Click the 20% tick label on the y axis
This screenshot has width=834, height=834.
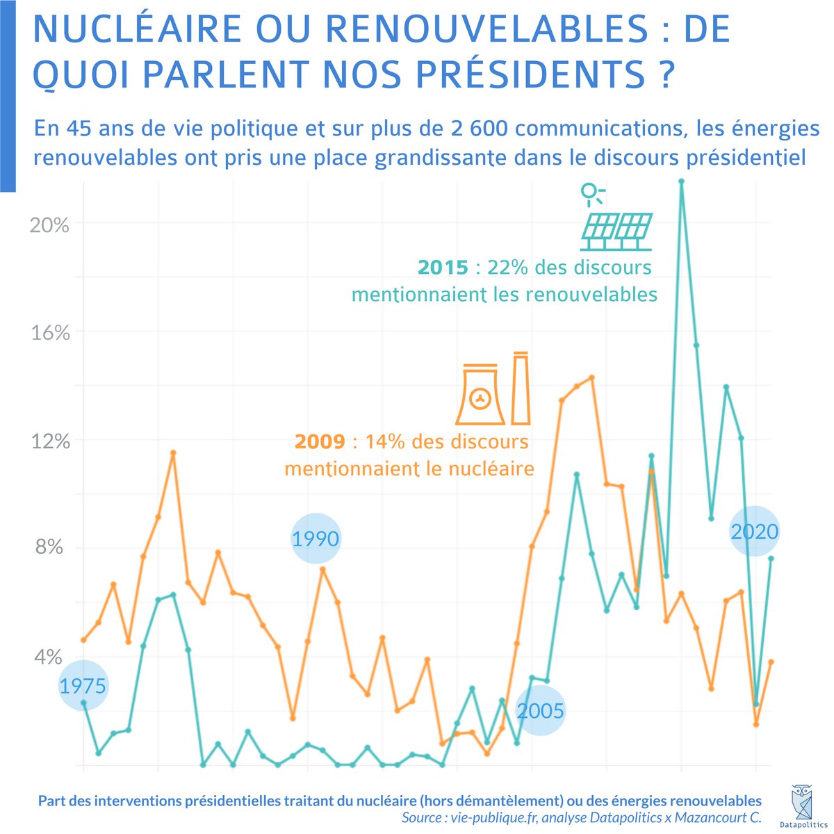(48, 225)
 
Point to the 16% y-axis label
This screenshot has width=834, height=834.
(48, 333)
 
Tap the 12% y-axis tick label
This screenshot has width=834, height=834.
(48, 441)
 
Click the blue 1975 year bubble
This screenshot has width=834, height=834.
(83, 686)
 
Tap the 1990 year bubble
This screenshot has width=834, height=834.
(316, 539)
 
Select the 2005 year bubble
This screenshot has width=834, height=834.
(541, 711)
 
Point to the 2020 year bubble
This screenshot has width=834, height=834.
(755, 532)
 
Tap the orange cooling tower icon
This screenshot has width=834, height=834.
(480, 395)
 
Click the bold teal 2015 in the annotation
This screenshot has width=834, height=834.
(443, 268)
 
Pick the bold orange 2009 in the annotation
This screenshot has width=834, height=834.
(320, 441)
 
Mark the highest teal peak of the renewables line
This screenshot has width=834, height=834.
(682, 181)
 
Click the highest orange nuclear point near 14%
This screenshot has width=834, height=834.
(591, 377)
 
